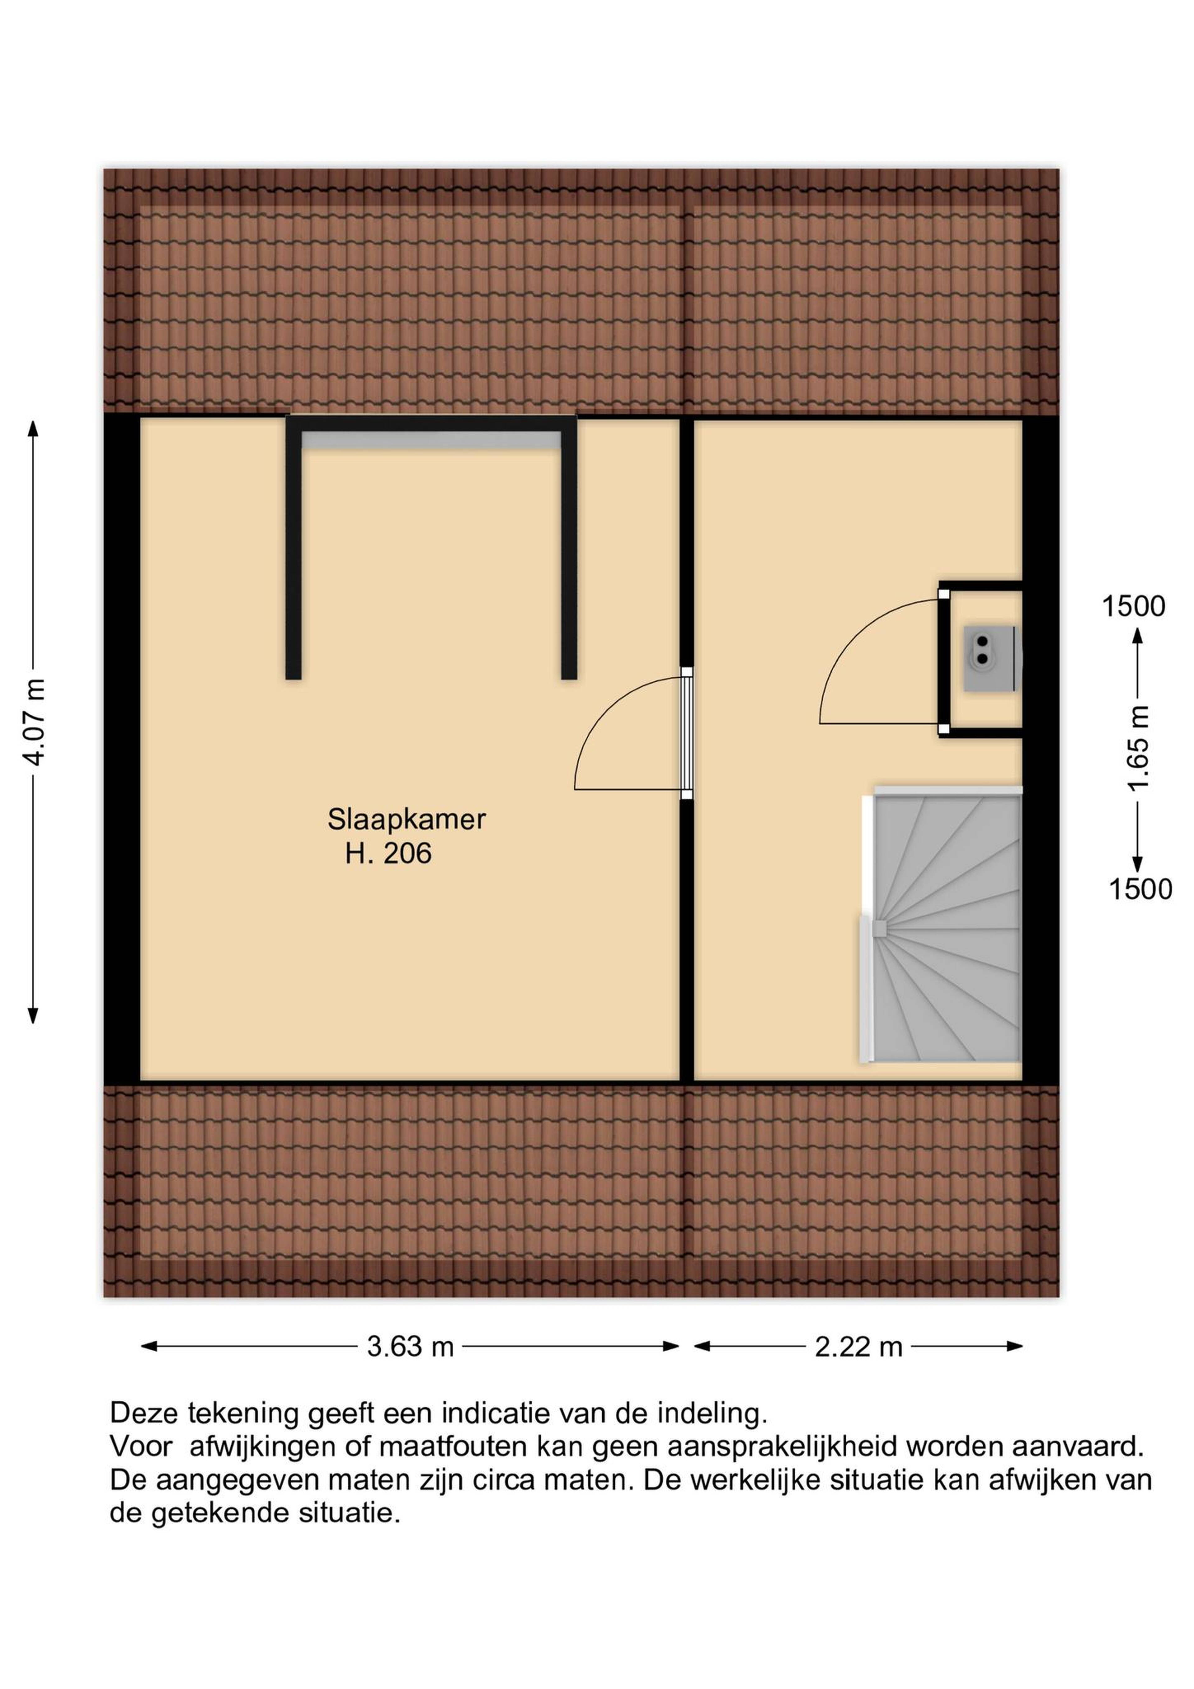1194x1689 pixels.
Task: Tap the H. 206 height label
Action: (x=388, y=853)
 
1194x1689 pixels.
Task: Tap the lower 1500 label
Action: (x=1140, y=889)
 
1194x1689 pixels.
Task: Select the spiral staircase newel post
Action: (x=879, y=928)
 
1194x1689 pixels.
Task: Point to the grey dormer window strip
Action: (x=432, y=441)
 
